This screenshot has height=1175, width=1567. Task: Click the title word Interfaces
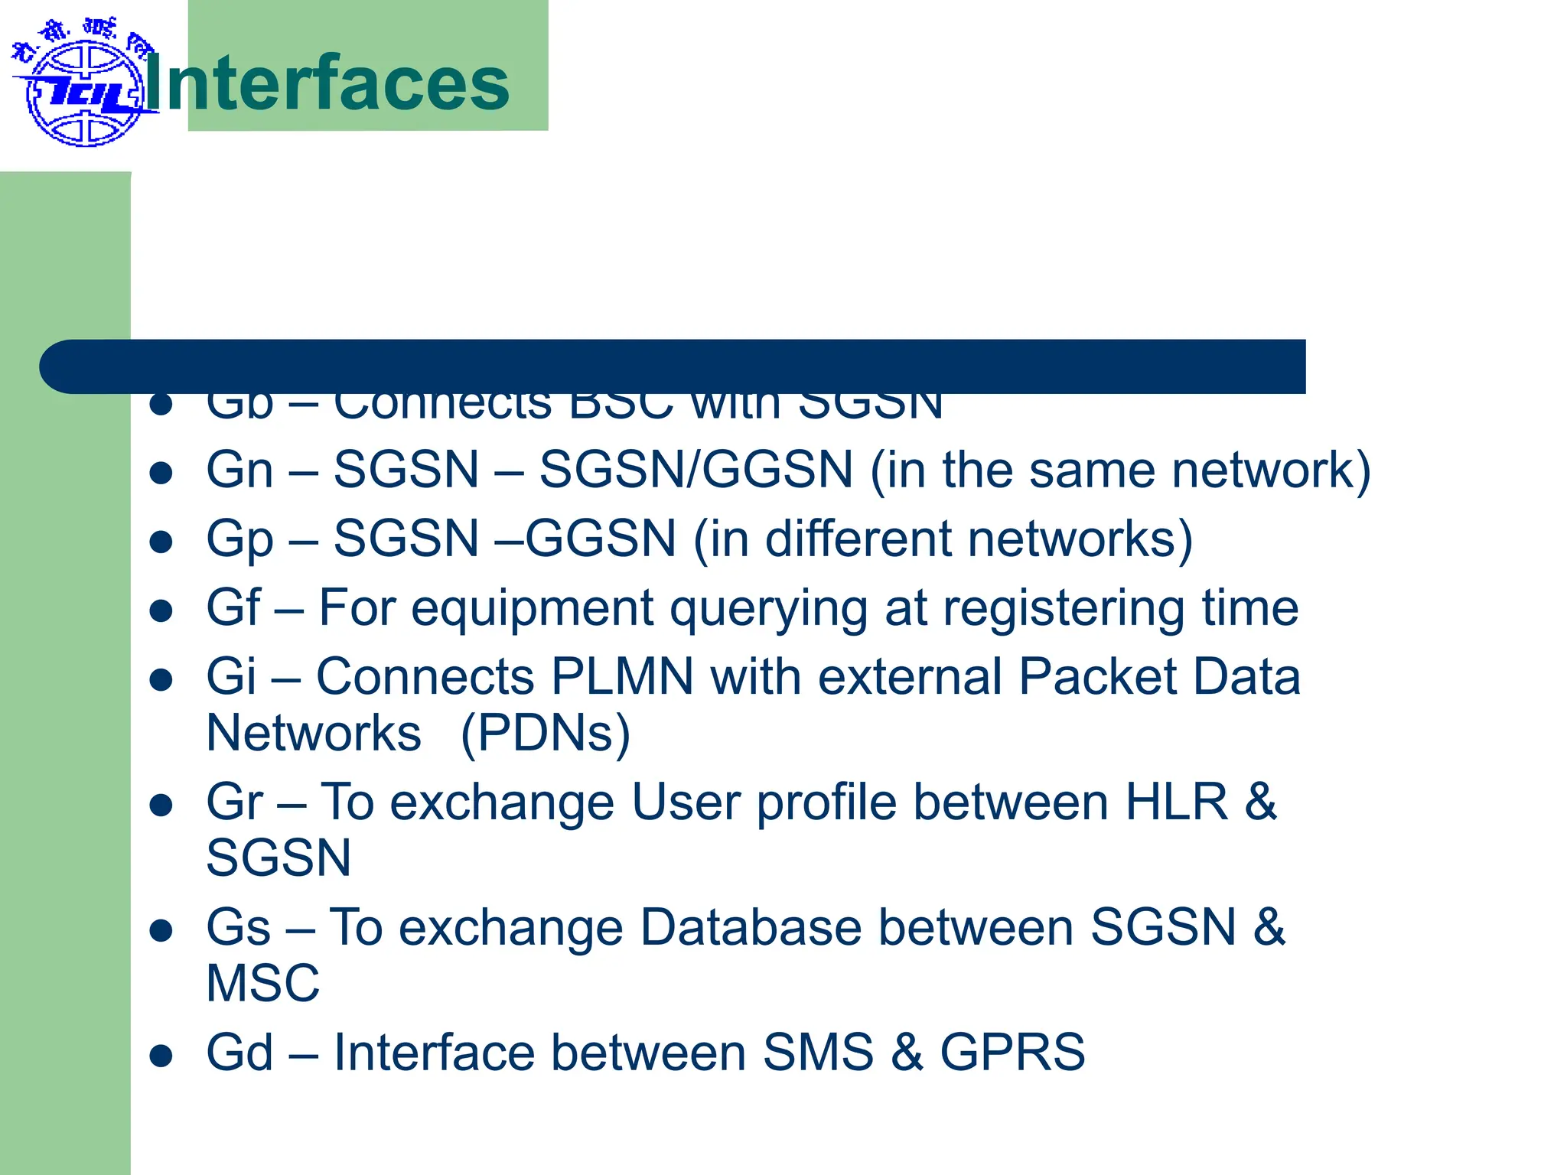pos(327,83)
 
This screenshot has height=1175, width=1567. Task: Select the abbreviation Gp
pos(239,539)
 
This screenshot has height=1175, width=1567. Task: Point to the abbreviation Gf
pos(233,607)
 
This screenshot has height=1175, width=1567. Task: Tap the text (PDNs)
pos(546,733)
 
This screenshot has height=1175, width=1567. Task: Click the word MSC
pos(262,983)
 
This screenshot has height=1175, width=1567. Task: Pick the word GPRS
pos(1012,1052)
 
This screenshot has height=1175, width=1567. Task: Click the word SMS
pos(818,1052)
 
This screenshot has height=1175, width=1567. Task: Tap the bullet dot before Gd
pos(161,1056)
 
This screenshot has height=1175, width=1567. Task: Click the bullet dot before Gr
pos(161,806)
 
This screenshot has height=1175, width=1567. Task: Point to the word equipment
pos(532,610)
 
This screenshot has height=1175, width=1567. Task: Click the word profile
pos(826,803)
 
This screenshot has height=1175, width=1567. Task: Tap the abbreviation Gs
pos(238,927)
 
